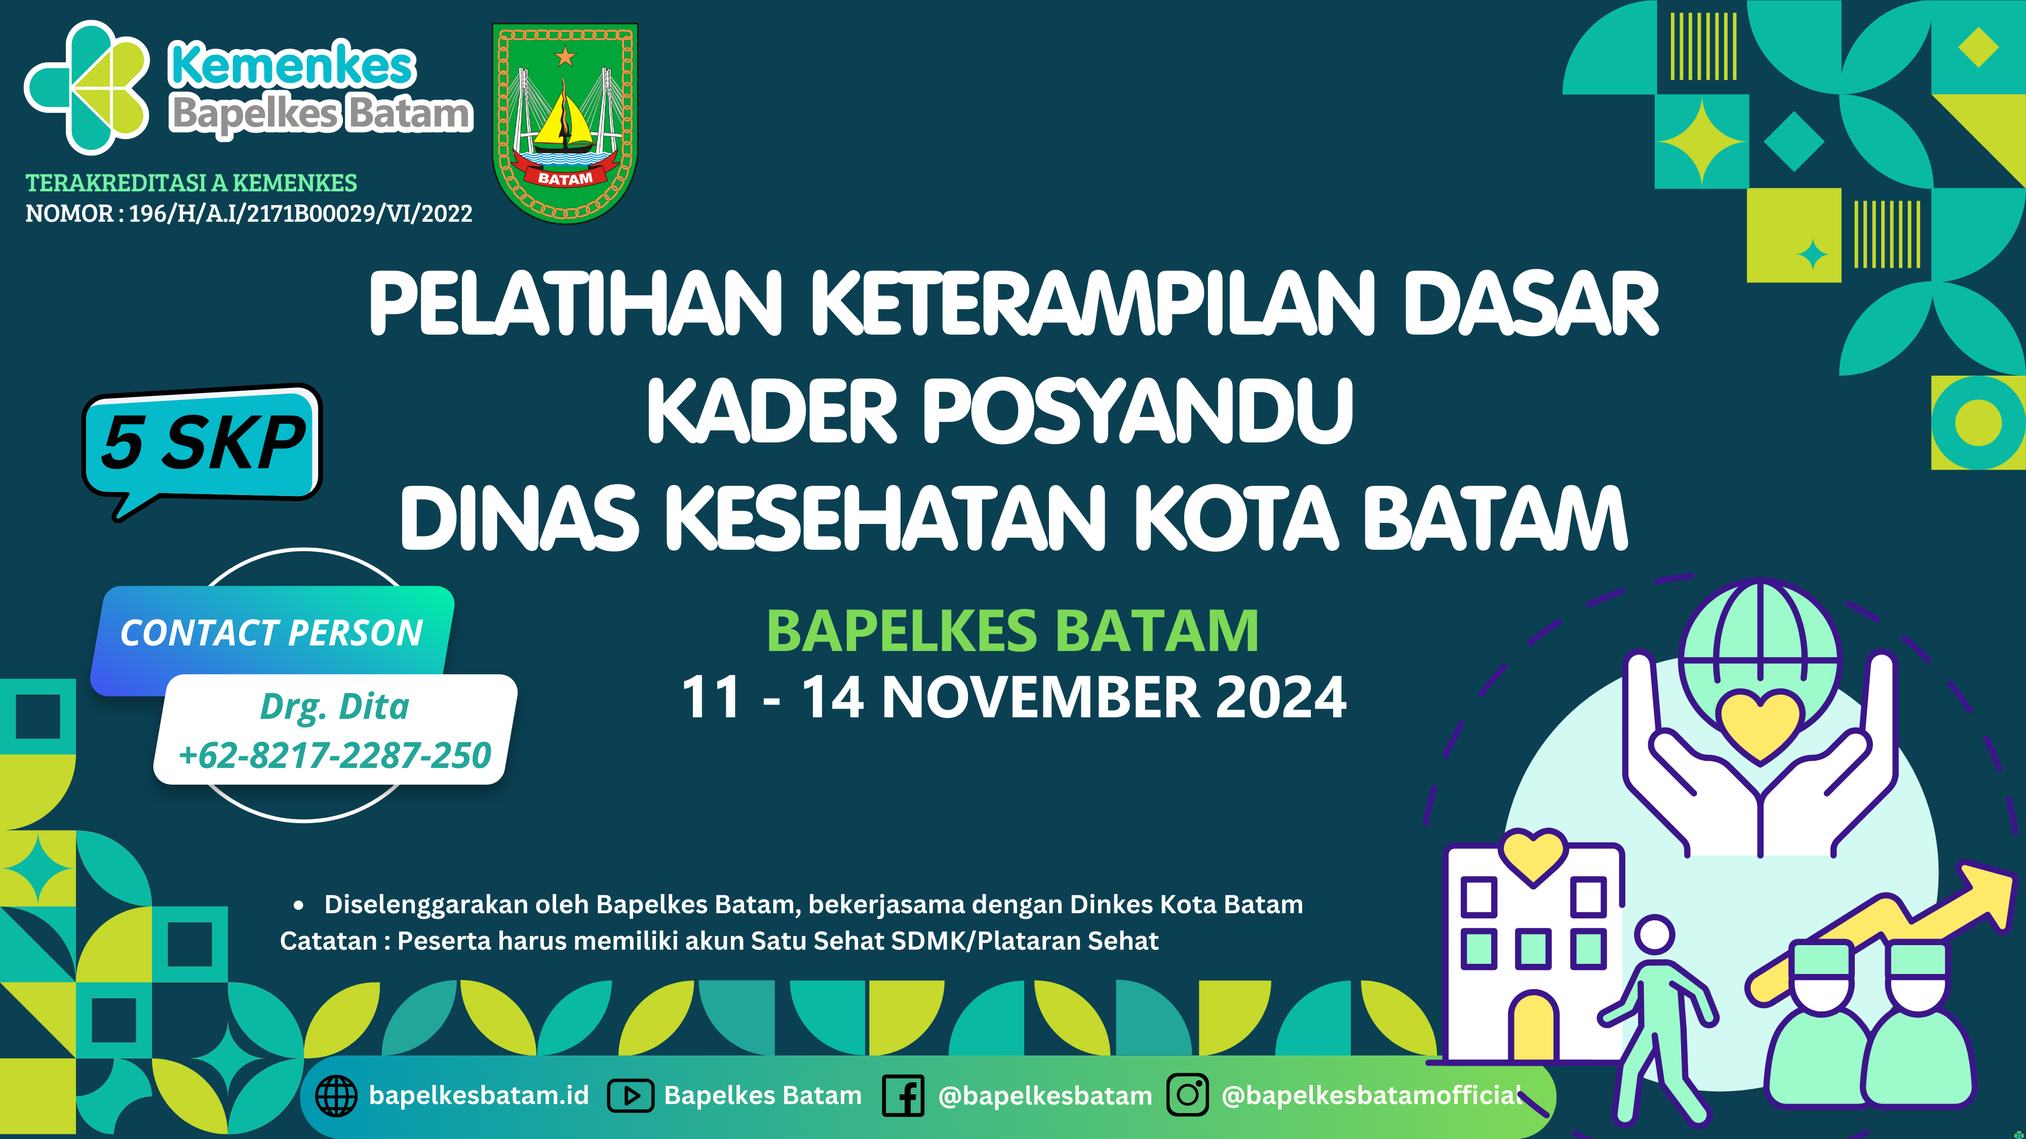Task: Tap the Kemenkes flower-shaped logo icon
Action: (x=87, y=87)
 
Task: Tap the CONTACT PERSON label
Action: (x=271, y=633)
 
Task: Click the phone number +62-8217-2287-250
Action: (x=334, y=755)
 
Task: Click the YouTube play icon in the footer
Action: (x=631, y=1096)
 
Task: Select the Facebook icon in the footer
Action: (x=903, y=1096)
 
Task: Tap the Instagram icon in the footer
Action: (x=1188, y=1095)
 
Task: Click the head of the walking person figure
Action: (x=1655, y=936)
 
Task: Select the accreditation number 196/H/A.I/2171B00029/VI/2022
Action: (x=300, y=213)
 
